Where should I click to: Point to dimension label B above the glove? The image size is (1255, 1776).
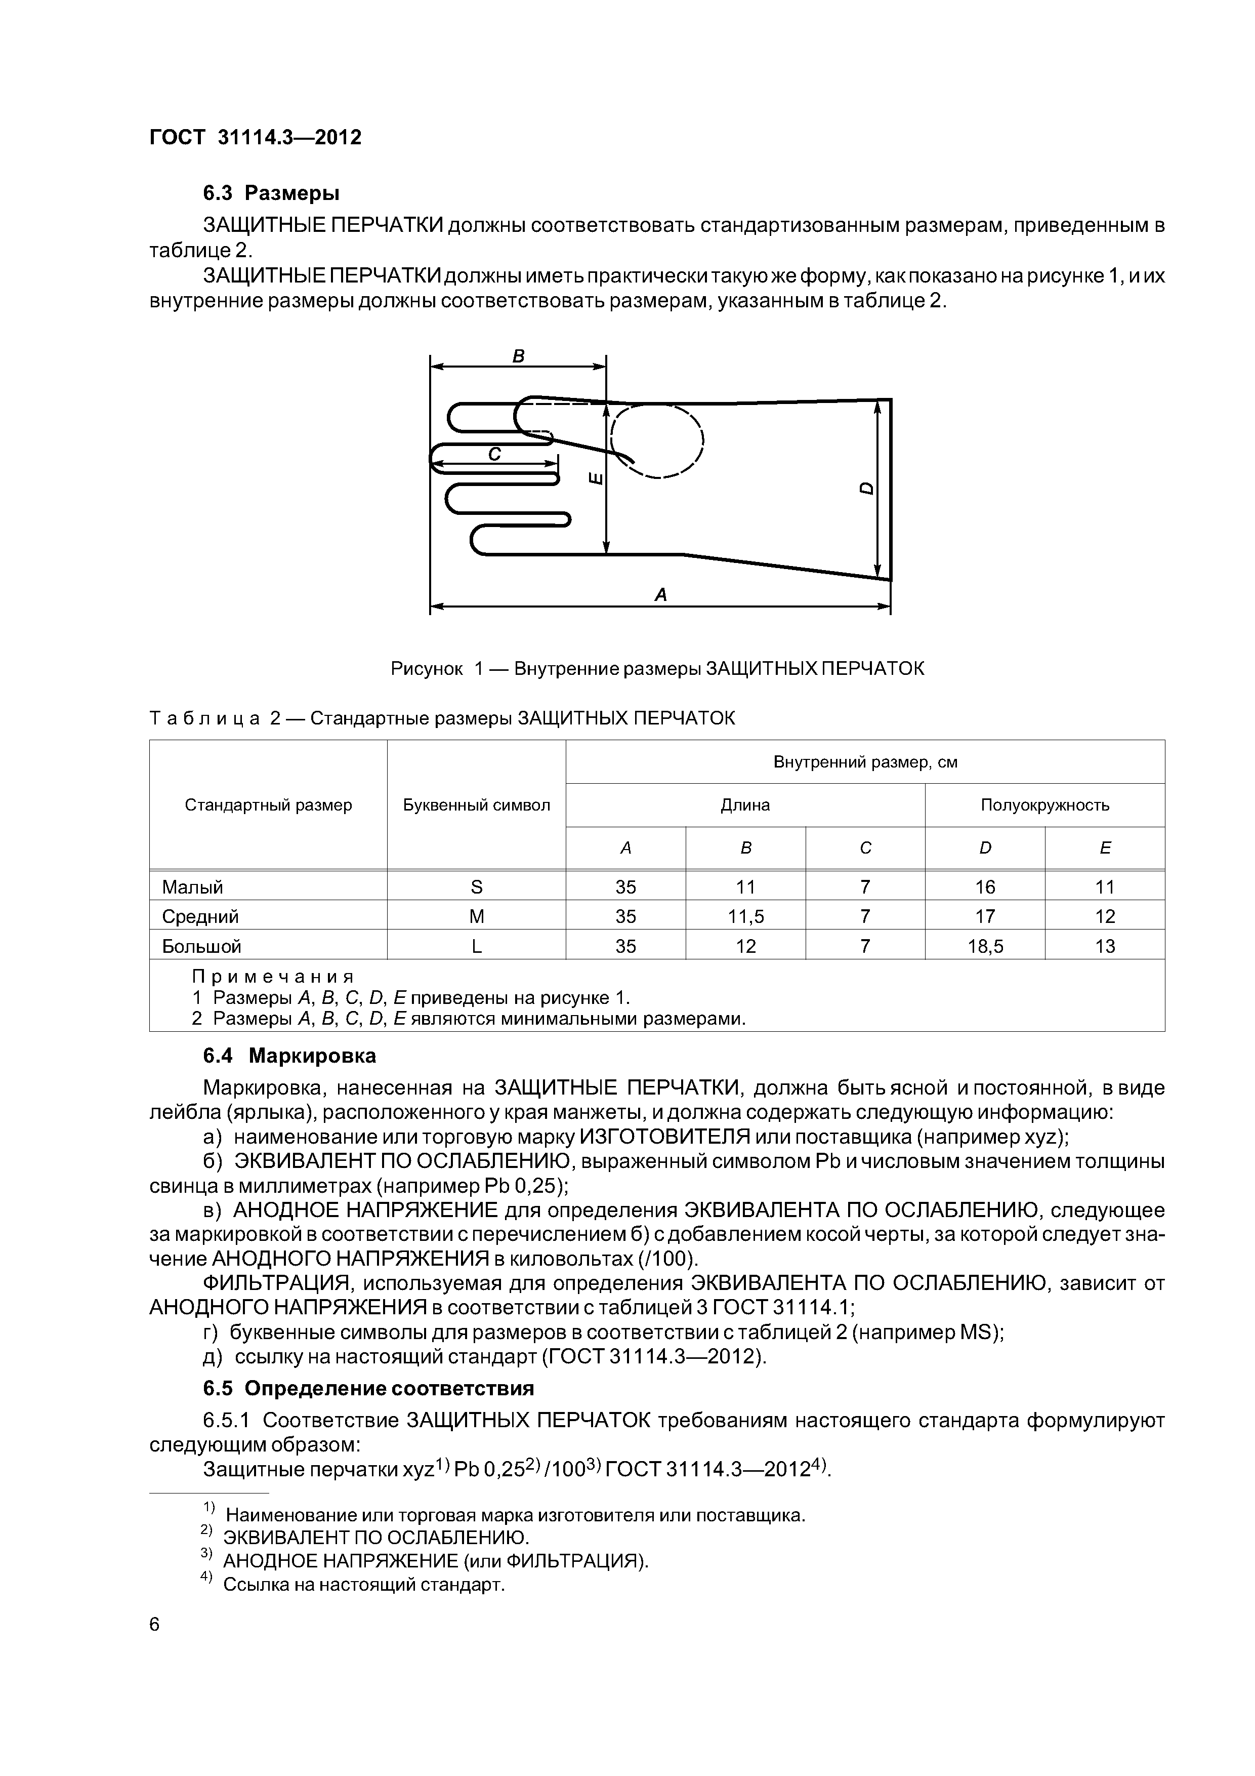pos(519,356)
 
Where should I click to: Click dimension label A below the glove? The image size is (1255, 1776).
pos(660,595)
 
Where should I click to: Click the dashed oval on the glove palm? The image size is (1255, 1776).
pos(657,442)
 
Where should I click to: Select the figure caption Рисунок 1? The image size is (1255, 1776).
pos(657,668)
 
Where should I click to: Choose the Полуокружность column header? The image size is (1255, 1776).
pos(1044,805)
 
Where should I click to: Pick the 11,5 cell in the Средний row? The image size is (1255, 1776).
pos(745,917)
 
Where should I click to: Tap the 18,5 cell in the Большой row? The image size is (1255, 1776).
pos(985,947)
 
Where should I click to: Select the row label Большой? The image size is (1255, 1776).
pos(201,947)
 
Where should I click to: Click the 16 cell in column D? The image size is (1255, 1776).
pos(985,887)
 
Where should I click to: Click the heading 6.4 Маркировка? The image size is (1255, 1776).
pos(289,1056)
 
